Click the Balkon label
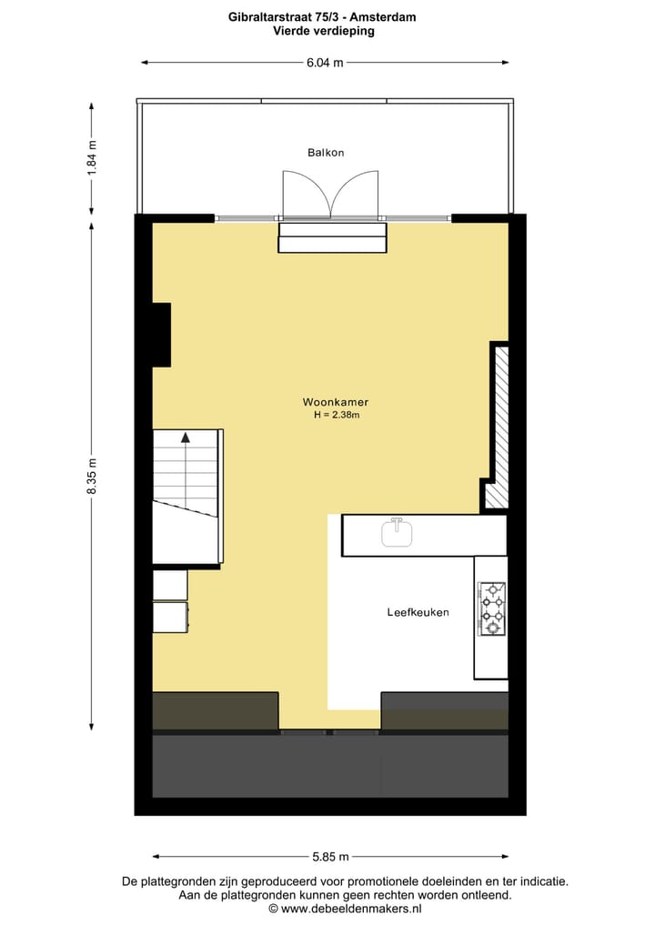pos(326,153)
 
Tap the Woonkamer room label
pos(336,402)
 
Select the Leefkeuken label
pos(418,613)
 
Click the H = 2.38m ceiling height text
pos(337,416)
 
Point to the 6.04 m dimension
pos(325,63)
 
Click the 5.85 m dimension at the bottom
pos(330,857)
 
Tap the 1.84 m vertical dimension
pos(92,160)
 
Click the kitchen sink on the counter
pos(397,533)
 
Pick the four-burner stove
pos(492,608)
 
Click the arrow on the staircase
pos(186,437)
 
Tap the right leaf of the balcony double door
pos(356,194)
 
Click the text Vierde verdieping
pos(324,30)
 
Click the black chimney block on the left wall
pos(161,335)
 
